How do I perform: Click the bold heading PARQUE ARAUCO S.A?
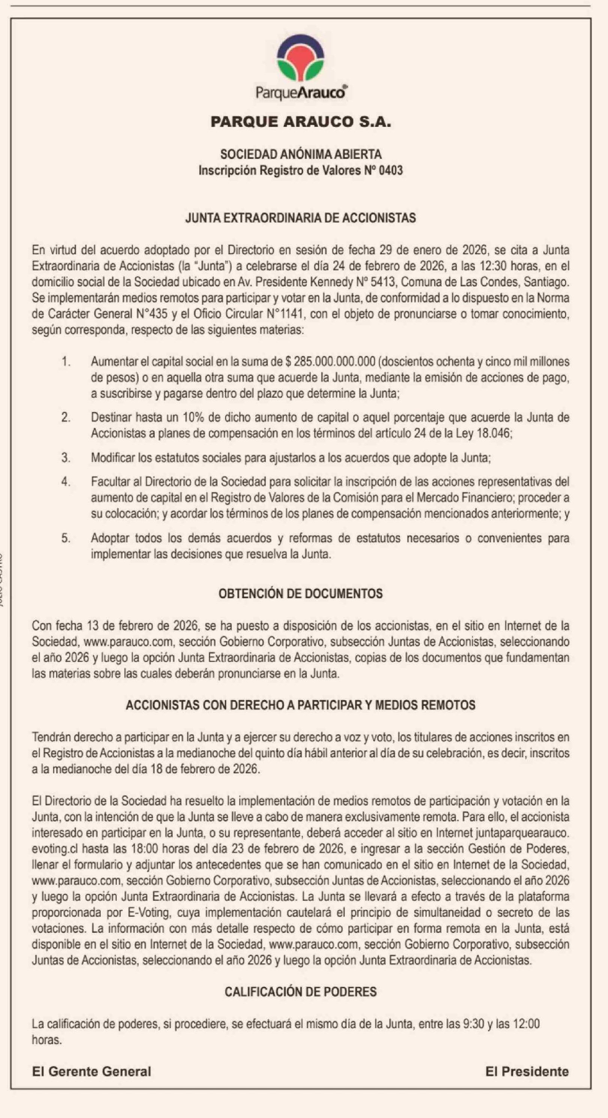pos(301,122)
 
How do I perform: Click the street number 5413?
pos(383,282)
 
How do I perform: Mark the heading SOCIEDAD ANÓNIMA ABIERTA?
pos(301,154)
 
